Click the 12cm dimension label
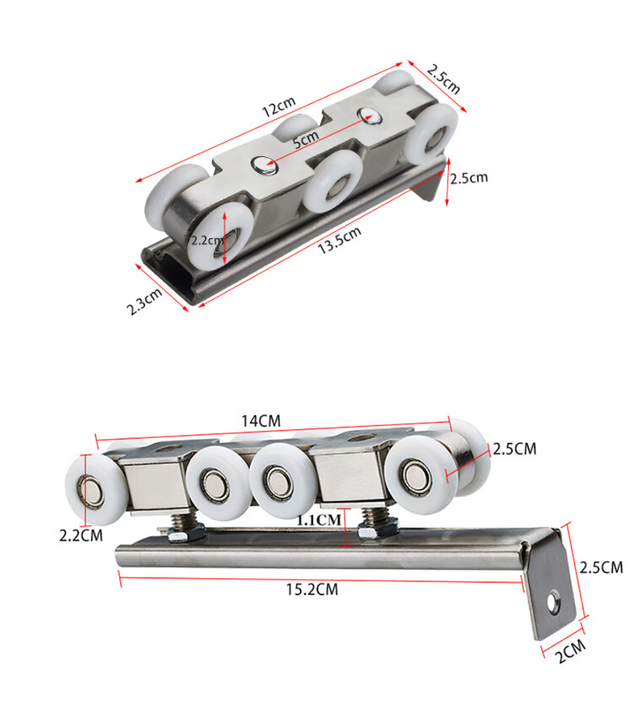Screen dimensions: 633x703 (x=279, y=106)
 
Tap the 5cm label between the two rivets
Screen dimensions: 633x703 (x=306, y=139)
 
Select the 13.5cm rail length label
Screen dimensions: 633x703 (x=339, y=241)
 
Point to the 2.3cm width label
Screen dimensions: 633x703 (x=144, y=302)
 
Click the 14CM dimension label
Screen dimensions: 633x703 (x=261, y=421)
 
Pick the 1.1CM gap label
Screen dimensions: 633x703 (x=319, y=520)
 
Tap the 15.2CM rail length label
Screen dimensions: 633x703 (x=312, y=589)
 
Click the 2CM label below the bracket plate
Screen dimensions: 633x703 (x=571, y=651)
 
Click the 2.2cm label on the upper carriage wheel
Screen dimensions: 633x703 (x=207, y=241)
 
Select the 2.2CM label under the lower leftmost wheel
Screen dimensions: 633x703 (x=81, y=535)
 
